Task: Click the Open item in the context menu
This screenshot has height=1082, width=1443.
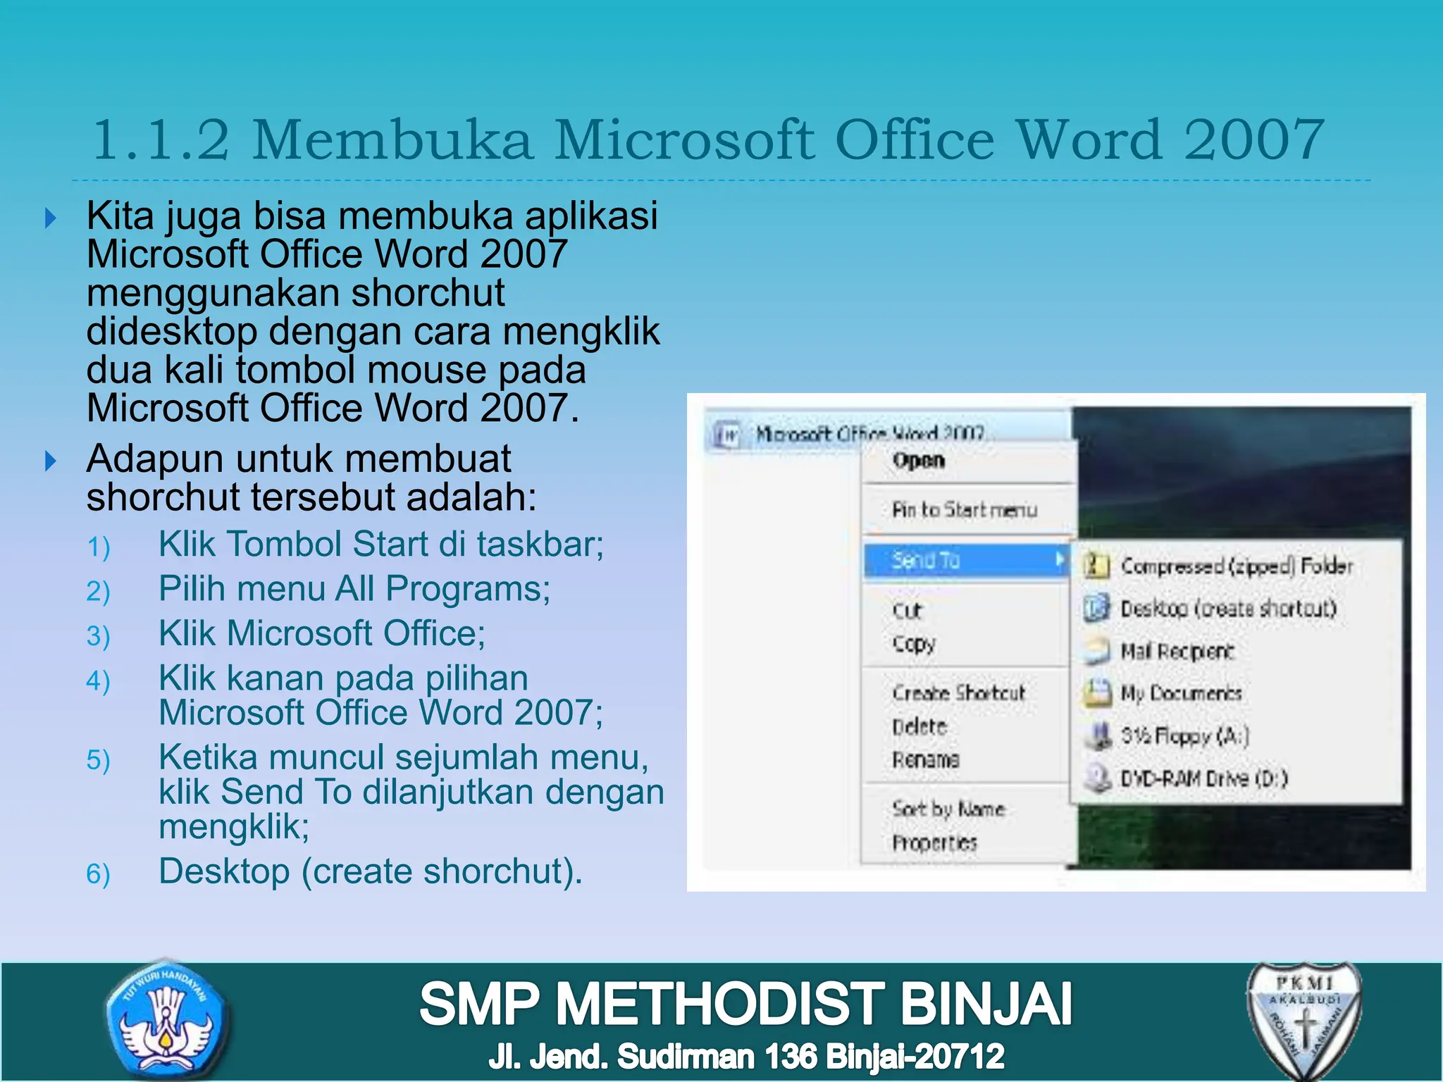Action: click(918, 461)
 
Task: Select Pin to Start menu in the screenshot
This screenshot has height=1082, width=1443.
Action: click(964, 509)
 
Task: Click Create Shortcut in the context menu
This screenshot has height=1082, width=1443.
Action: click(958, 693)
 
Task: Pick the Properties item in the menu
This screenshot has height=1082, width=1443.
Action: click(934, 842)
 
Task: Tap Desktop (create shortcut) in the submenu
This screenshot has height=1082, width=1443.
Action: click(1228, 609)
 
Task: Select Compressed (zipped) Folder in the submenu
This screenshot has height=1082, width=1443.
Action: click(1237, 566)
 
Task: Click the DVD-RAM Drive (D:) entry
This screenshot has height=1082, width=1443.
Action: click(1203, 778)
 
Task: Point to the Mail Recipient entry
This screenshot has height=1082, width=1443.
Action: click(1177, 652)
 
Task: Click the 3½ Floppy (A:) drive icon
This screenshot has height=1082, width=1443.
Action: click(1097, 735)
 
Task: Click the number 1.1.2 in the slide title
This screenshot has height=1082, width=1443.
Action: click(161, 139)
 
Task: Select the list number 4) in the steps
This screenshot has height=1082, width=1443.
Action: click(98, 681)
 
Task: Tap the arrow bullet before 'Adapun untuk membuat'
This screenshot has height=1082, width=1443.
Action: click(50, 461)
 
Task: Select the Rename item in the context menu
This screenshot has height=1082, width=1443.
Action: click(925, 759)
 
